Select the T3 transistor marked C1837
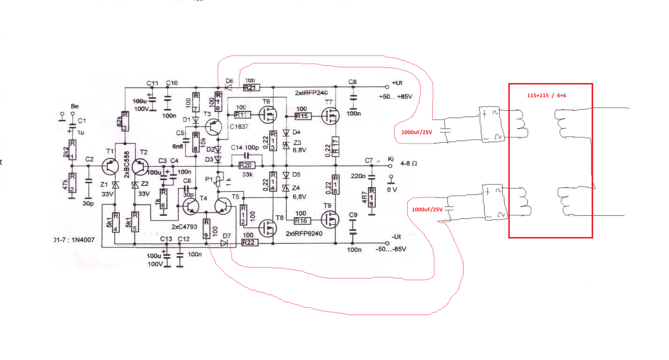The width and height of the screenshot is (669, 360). [214, 126]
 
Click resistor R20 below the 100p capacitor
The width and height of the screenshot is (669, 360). [245, 165]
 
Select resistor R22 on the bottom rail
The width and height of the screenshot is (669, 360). [249, 242]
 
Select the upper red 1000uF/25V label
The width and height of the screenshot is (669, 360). [417, 132]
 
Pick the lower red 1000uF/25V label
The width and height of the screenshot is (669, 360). [427, 210]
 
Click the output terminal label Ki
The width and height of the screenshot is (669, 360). [390, 158]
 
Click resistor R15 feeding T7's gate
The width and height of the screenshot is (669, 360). [303, 115]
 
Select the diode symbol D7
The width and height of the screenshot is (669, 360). [225, 242]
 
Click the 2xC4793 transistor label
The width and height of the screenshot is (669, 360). [184, 227]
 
